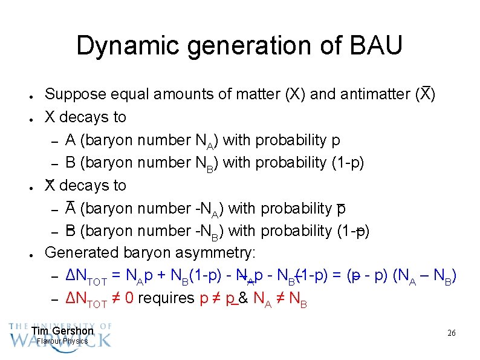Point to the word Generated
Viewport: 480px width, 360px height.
tap(82, 254)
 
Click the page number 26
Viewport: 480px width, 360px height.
tap(451, 333)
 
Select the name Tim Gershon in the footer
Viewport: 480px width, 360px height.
tap(63, 331)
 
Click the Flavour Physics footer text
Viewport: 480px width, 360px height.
tap(63, 341)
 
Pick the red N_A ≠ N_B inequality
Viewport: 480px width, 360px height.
tap(281, 299)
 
